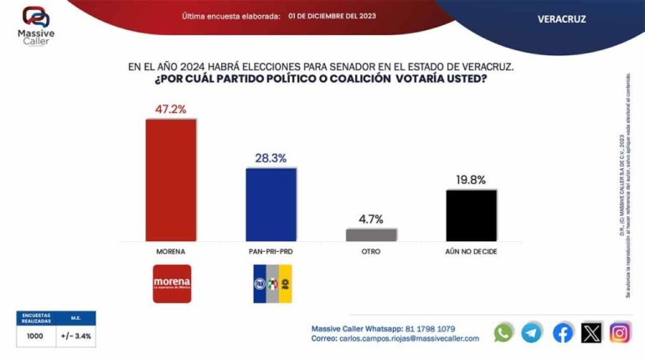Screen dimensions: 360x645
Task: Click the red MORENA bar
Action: tap(171, 179)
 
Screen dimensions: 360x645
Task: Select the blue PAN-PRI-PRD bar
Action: tap(271, 204)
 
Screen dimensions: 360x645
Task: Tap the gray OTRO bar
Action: tap(371, 234)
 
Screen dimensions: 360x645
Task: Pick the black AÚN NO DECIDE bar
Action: tap(471, 215)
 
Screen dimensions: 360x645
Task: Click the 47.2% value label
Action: tap(171, 109)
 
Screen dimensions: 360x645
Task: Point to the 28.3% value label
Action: tap(271, 158)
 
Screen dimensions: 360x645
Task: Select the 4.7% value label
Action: tap(371, 219)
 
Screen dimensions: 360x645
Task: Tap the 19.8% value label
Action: tap(471, 179)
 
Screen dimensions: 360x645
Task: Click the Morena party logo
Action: tap(172, 283)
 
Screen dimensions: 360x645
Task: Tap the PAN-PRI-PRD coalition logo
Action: tap(272, 283)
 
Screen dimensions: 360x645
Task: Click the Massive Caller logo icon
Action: tap(35, 16)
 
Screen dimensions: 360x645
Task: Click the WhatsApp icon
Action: tap(503, 332)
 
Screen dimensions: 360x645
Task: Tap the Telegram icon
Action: tap(532, 332)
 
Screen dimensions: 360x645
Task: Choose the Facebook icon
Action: tap(563, 332)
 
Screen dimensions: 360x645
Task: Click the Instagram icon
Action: tap(620, 332)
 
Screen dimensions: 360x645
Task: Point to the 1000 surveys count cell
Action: tap(35, 336)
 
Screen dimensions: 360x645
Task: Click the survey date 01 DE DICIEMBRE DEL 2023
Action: tap(331, 15)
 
